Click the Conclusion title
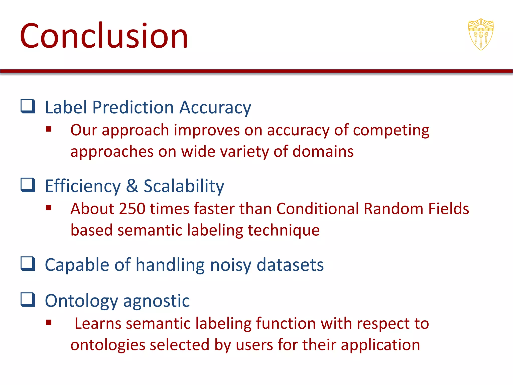[104, 36]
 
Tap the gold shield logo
[481, 34]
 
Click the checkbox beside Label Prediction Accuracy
[28, 106]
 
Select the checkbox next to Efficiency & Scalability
[28, 185]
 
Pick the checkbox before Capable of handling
[28, 264]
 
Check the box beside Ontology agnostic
[28, 300]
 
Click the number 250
[132, 209]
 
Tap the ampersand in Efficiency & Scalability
[132, 186]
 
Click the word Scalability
[184, 186]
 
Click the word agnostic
[156, 301]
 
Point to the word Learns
[98, 323]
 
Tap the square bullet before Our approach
[49, 129]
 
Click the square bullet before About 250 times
[49, 208]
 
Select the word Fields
[448, 209]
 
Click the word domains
[323, 152]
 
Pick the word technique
[284, 230]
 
